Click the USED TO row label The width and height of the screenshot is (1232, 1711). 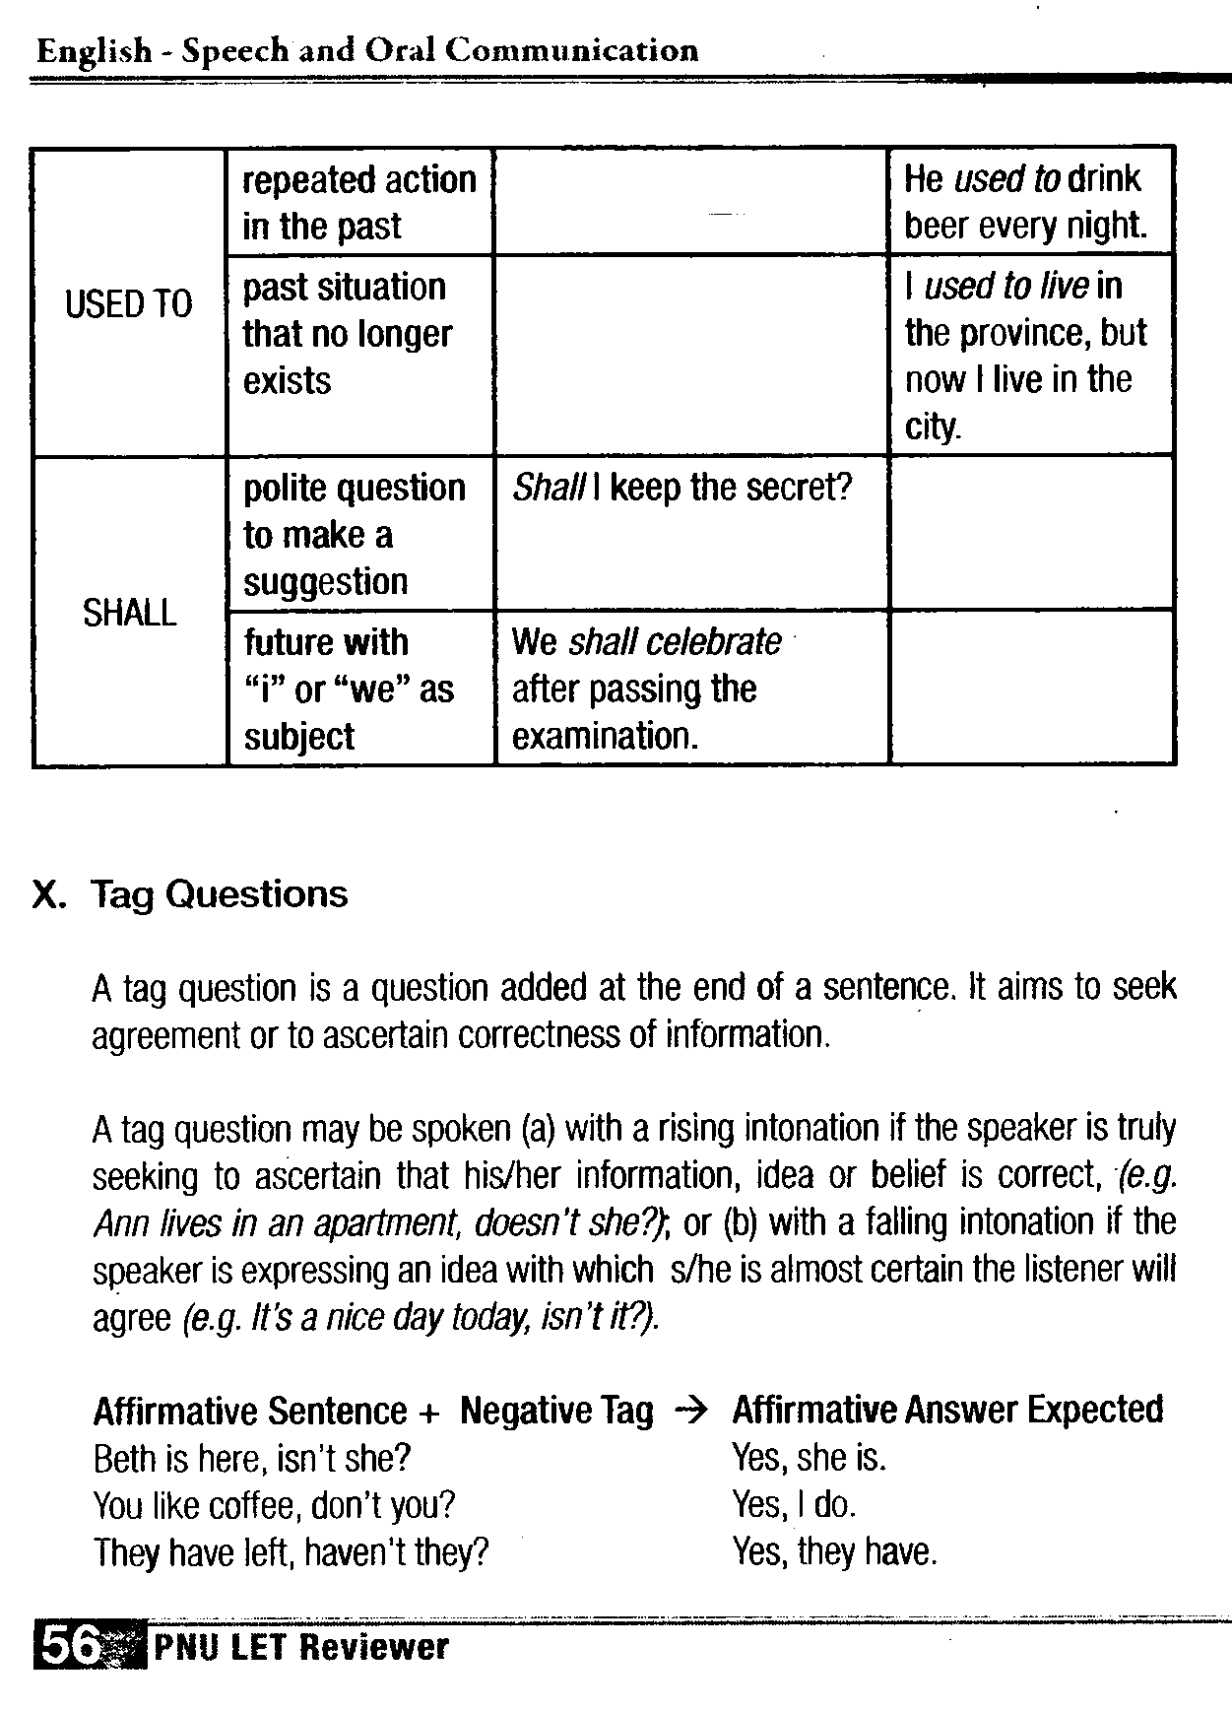[129, 303]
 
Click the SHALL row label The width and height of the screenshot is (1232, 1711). [129, 613]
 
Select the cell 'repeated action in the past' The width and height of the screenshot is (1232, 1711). [359, 203]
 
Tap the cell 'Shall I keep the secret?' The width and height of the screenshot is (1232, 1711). [681, 489]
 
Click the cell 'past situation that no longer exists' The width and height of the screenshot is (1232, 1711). [347, 334]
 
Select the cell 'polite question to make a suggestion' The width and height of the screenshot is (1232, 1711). [355, 535]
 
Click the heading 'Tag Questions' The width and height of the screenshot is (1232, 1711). [219, 894]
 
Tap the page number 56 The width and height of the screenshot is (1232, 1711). [70, 1646]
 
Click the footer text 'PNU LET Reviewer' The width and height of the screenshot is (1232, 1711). [300, 1647]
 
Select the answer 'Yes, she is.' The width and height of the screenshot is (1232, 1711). [809, 1458]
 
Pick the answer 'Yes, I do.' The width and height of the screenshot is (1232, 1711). [794, 1505]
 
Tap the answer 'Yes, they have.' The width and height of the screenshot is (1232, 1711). [834, 1552]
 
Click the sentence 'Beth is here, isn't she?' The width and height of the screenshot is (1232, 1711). [251, 1459]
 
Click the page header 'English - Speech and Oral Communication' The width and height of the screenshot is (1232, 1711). [367, 51]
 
